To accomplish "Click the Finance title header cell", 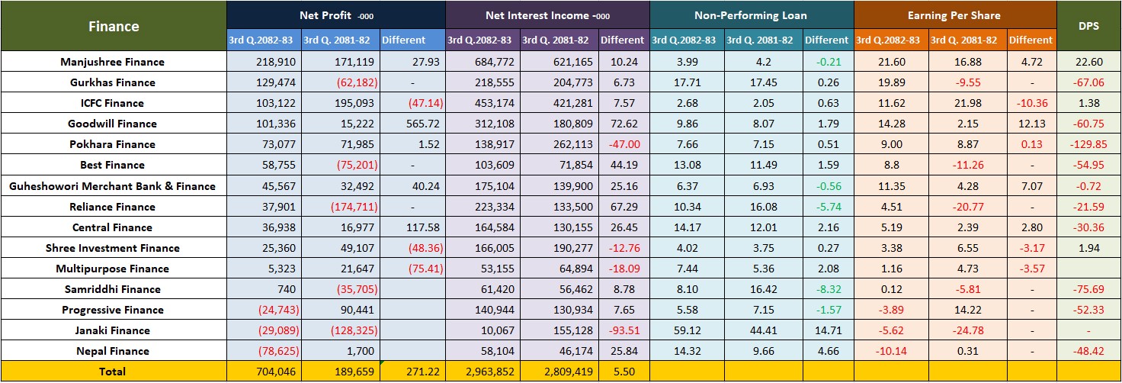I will click(x=114, y=26).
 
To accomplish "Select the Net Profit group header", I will click(x=336, y=15).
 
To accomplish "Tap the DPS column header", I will click(x=1088, y=26).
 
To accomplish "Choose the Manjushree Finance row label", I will click(x=113, y=62).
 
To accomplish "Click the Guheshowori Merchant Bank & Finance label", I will click(x=113, y=186).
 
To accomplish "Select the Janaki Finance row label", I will click(x=113, y=330).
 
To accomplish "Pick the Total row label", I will click(x=113, y=372).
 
